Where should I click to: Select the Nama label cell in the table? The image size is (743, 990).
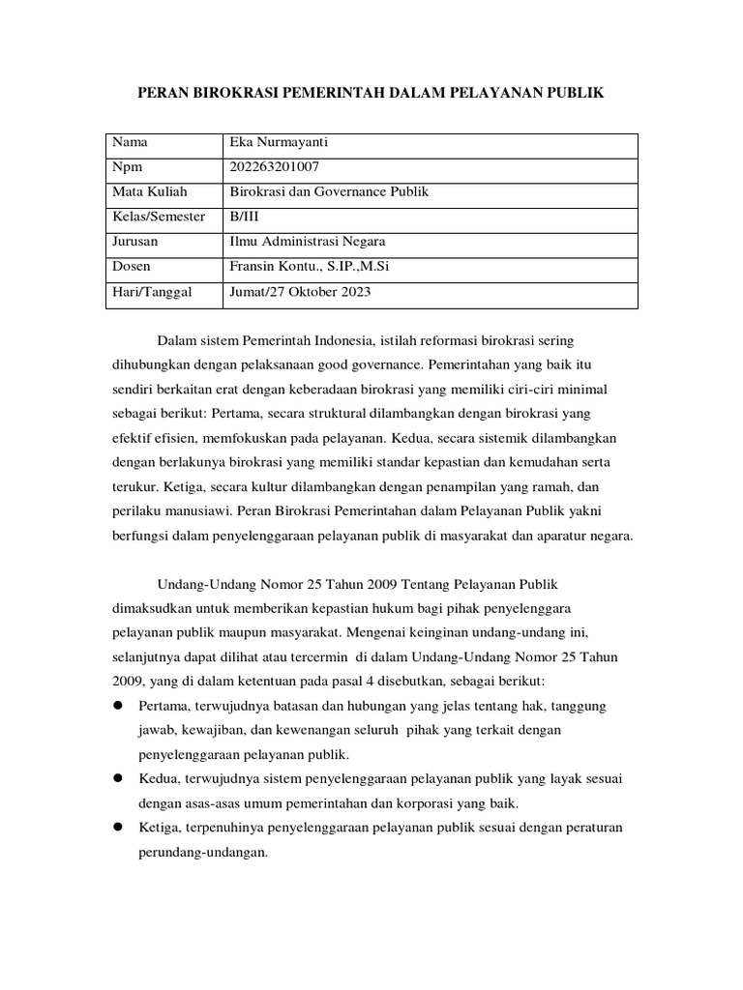coord(130,143)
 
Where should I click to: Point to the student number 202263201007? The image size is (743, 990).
coord(274,167)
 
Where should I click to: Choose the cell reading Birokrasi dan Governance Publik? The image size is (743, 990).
coord(328,191)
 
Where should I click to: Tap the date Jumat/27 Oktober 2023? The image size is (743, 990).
coord(299,290)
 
